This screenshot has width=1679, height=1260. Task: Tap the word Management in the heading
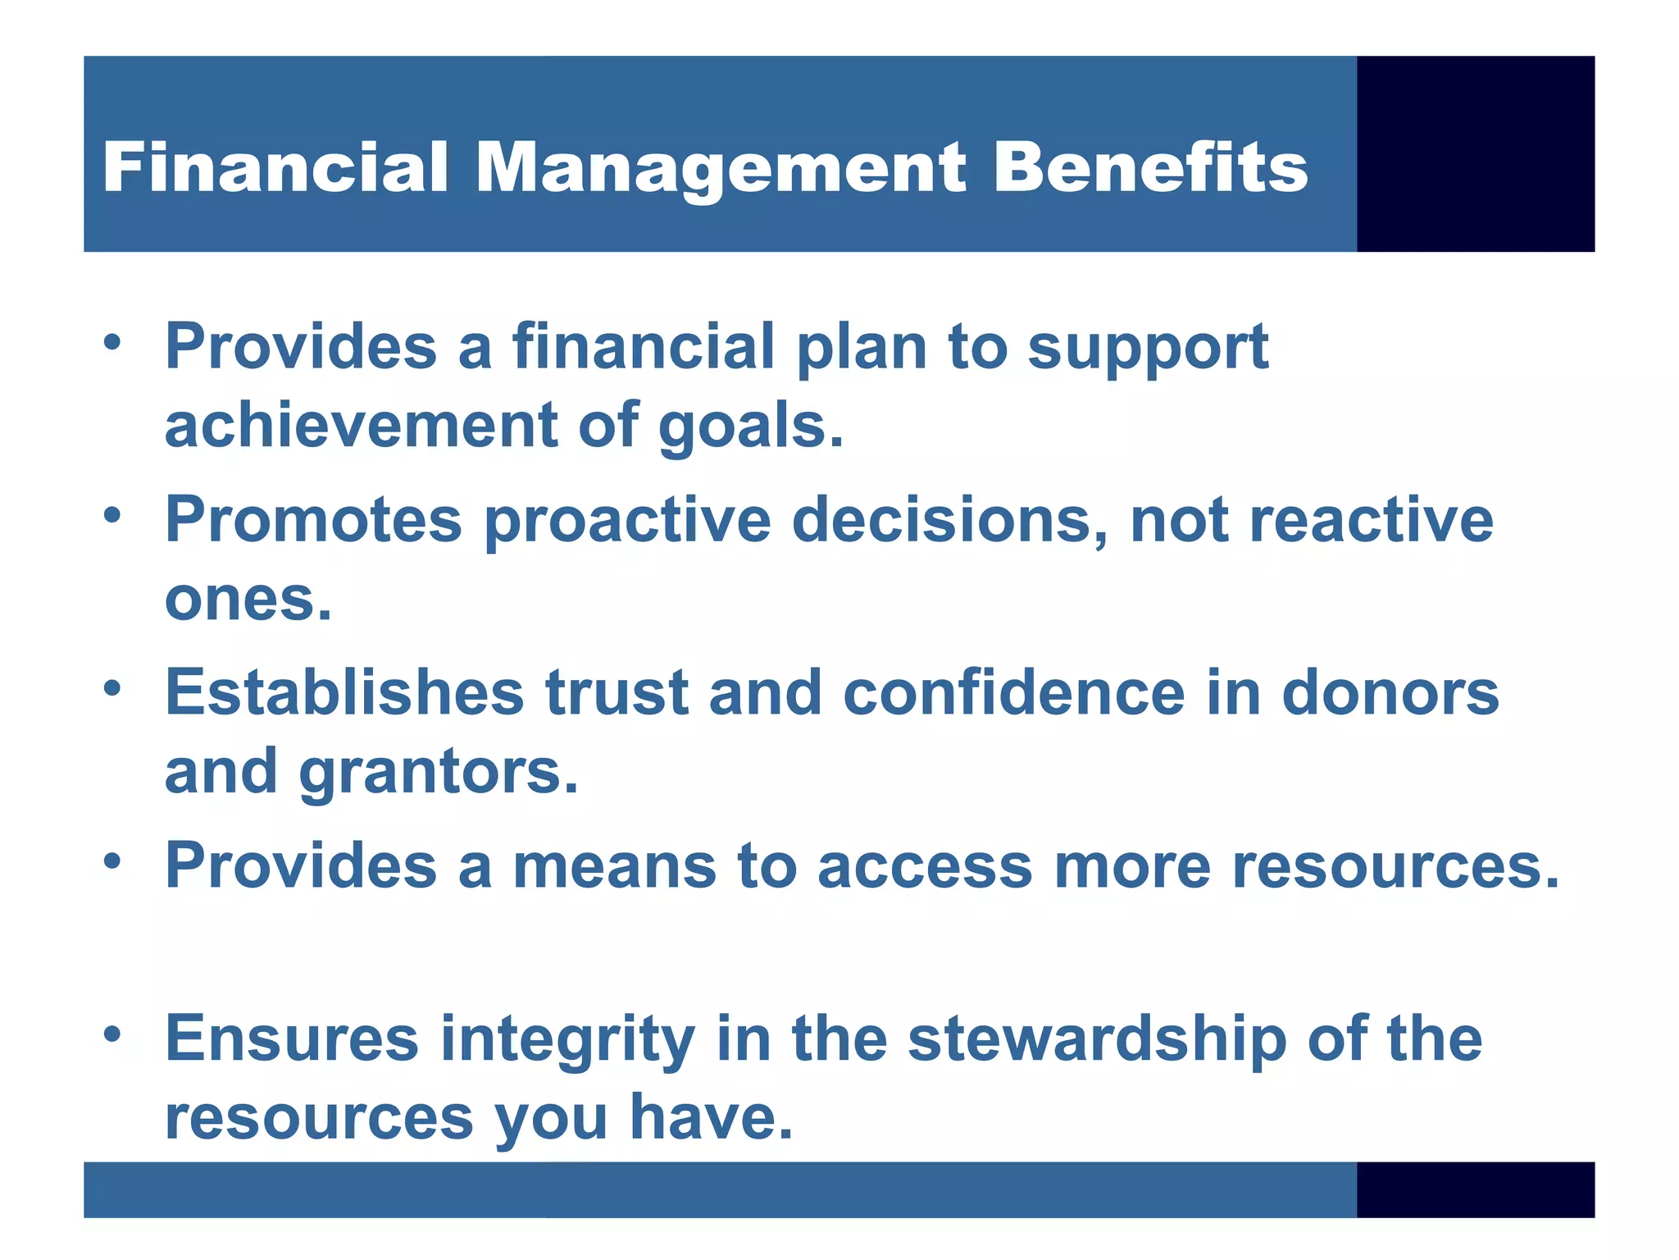coord(721,169)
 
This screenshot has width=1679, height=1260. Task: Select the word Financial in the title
coord(275,167)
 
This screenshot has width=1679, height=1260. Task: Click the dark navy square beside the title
coord(1475,153)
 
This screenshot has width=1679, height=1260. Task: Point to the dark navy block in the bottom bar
coord(1475,1189)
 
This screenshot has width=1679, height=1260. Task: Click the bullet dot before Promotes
coord(113,516)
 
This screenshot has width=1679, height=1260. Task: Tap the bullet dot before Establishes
coord(113,688)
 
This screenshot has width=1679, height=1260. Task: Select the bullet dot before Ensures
coord(113,1034)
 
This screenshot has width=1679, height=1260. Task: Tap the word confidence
coord(1013,692)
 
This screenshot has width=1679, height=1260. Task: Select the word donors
coord(1390,692)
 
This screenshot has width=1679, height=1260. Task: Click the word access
coord(924,866)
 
